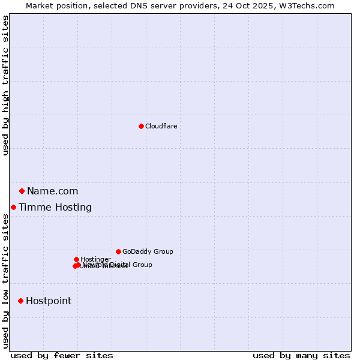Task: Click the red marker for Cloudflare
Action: coord(141,126)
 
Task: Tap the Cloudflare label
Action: coord(161,126)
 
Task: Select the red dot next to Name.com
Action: coord(22,191)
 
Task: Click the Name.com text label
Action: coord(52,191)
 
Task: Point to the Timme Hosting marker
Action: coord(13,208)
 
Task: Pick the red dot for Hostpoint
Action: coord(20,301)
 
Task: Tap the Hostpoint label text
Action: coord(48,301)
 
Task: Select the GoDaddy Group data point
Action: coord(118,252)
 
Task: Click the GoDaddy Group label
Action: coord(147,252)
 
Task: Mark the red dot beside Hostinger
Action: coord(76,259)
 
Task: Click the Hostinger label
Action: coord(95,259)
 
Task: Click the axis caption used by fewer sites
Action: coord(62,355)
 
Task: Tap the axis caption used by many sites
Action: coord(301,355)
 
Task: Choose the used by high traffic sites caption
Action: coord(6,85)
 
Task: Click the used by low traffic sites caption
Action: coord(6,281)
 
